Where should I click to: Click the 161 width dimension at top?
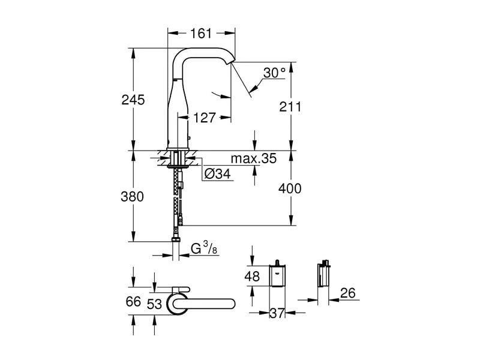coord(201,34)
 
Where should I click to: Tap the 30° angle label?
coord(274,73)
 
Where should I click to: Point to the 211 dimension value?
coord(290,106)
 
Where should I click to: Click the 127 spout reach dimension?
coord(204,118)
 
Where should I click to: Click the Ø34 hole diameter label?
coord(215,175)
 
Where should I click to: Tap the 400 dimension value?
coord(290,188)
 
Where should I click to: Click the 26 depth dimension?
coord(346,293)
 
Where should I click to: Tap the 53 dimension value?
coord(154,304)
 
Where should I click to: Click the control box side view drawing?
coord(324,275)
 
